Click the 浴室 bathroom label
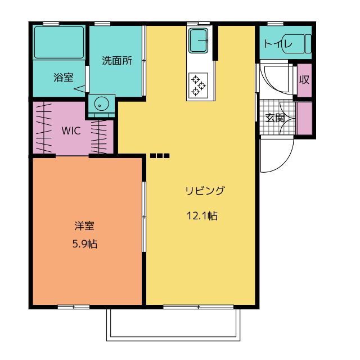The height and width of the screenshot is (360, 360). point(63,78)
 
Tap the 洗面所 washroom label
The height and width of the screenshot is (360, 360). point(117,61)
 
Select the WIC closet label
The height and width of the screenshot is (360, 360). point(71,130)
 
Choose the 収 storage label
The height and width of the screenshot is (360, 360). point(304,79)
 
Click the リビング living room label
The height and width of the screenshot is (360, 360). point(205,191)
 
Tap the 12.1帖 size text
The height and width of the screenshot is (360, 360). point(202,215)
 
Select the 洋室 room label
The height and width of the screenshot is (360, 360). point(84,226)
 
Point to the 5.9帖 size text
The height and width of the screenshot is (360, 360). point(84,244)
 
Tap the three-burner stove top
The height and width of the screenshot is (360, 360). point(199,85)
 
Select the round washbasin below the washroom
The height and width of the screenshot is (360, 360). point(101,104)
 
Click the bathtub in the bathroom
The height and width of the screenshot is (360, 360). point(59,42)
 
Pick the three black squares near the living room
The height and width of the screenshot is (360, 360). point(160,155)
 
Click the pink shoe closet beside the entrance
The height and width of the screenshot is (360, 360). point(304,118)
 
